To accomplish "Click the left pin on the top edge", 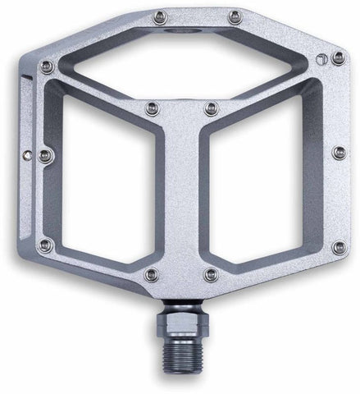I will tap(161, 16).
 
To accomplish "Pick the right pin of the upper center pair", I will tap(213, 108).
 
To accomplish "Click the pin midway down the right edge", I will tap(338, 153).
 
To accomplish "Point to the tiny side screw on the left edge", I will tap(28, 152).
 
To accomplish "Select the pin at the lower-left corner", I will tap(46, 245).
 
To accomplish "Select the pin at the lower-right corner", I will tap(338, 245).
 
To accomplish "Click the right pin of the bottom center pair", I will tap(212, 274).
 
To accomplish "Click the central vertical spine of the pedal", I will tap(182, 197).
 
